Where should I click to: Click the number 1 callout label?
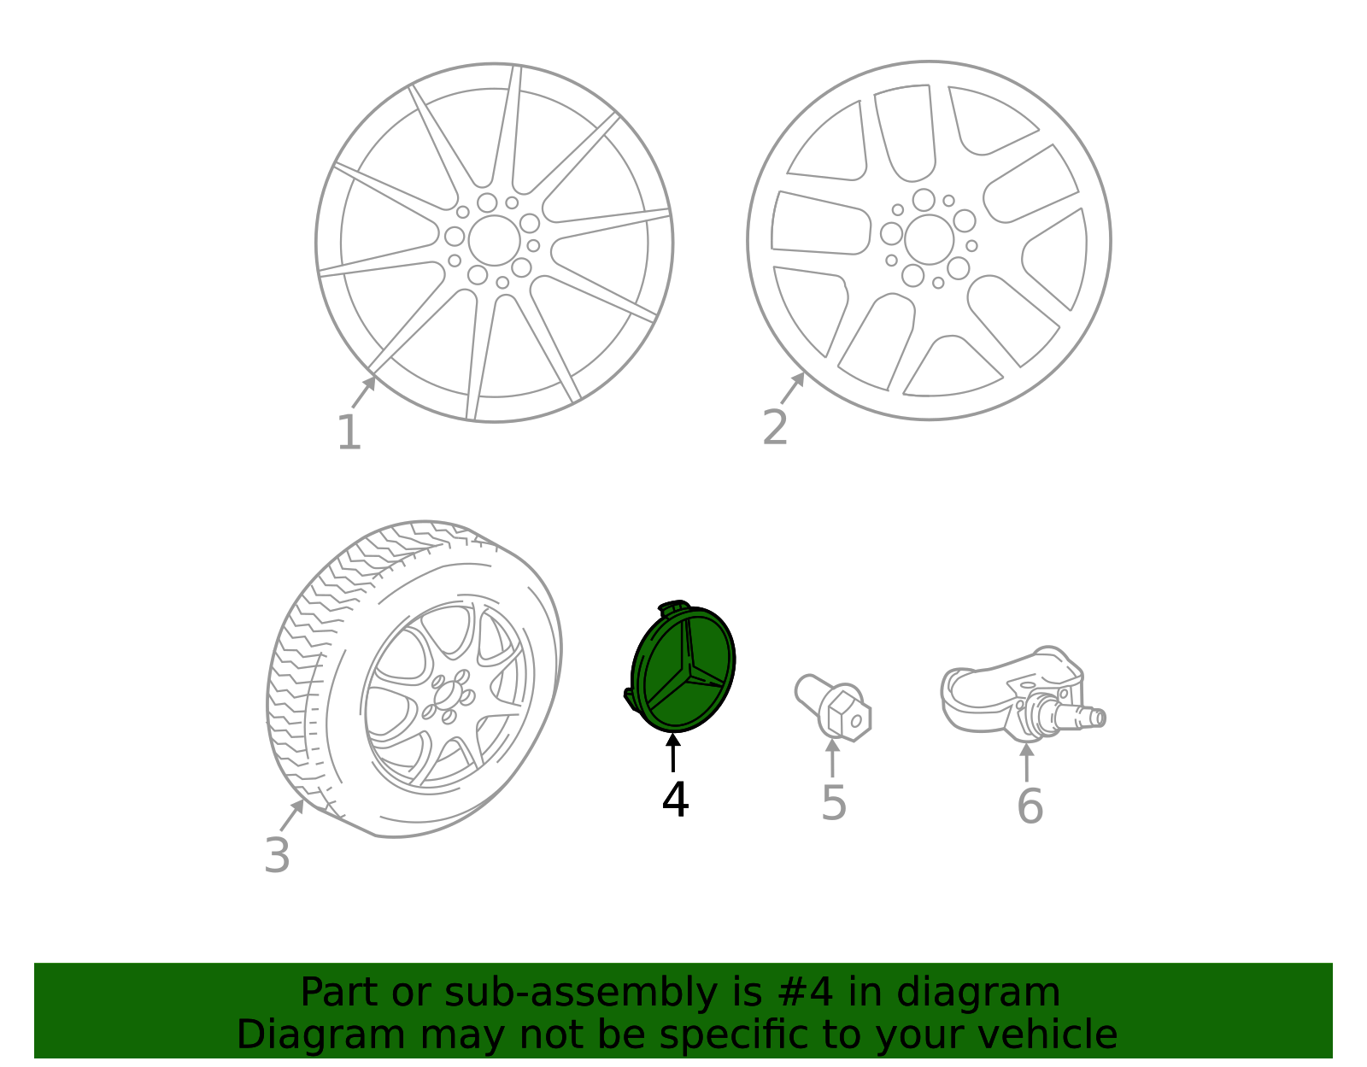coord(349,433)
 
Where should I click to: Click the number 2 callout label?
coord(775,427)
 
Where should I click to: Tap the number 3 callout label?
coord(277,855)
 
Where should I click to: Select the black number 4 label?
coord(675,800)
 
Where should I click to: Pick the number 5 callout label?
coord(834,804)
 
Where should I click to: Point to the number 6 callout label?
coord(1030,806)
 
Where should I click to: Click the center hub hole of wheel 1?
coord(494,240)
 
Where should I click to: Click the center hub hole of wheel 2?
coord(929,239)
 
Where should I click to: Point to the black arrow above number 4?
coord(674,751)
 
